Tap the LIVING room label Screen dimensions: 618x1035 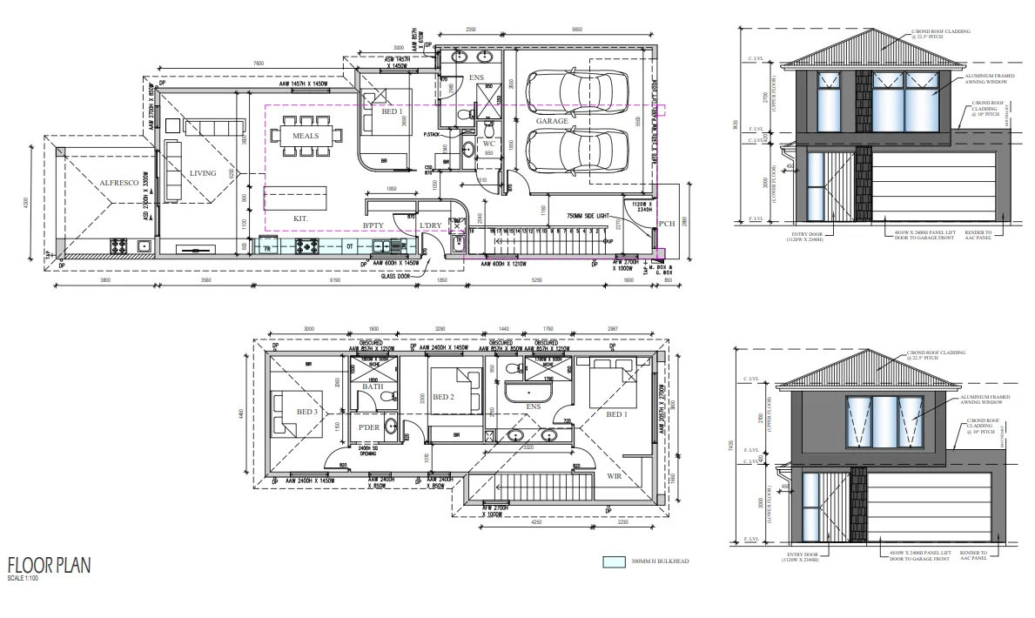[203, 173]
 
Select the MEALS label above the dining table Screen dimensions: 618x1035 [306, 137]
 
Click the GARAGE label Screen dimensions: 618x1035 [551, 121]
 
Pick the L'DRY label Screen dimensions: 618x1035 [431, 226]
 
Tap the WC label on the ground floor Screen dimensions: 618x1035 [489, 144]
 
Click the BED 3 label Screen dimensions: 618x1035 [306, 412]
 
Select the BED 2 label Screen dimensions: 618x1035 [444, 397]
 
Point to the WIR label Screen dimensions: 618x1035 [615, 477]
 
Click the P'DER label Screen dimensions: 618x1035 [368, 427]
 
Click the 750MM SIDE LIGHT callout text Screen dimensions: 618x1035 [593, 215]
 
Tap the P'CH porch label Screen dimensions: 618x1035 [667, 224]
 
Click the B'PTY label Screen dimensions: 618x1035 [373, 226]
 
